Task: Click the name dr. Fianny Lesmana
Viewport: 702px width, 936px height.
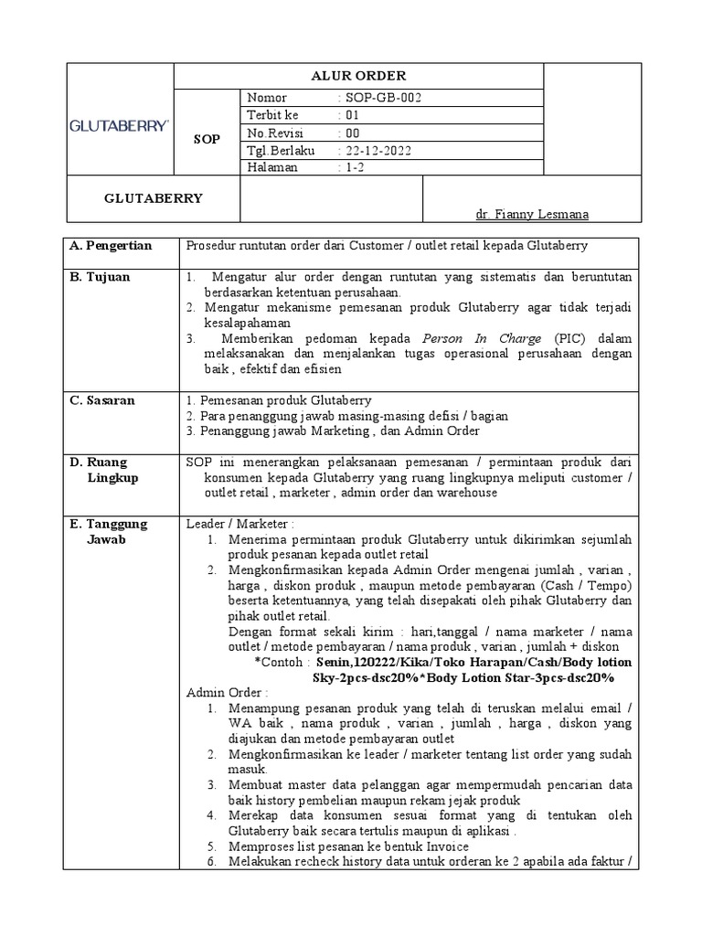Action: [532, 214]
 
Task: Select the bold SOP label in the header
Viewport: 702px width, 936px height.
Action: [206, 139]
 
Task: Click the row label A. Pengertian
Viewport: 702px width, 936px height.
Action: [112, 246]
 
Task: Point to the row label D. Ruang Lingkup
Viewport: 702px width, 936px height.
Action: [108, 470]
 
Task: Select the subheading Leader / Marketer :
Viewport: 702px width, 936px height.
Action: [240, 525]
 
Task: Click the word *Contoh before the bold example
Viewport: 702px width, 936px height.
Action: [282, 663]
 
